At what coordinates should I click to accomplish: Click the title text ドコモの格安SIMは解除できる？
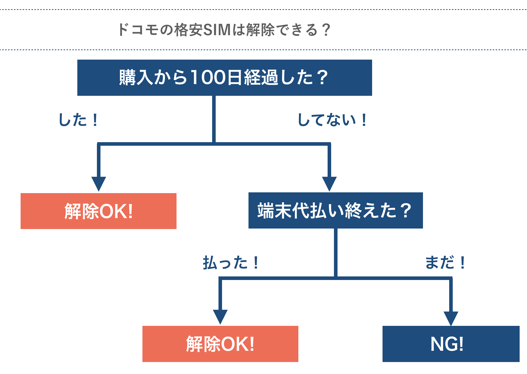224,30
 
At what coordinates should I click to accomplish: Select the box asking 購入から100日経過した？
225,78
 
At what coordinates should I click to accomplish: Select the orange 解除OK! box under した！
98,211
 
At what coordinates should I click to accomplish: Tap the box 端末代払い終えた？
335,210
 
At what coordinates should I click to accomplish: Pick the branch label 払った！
230,262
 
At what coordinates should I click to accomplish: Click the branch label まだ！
445,262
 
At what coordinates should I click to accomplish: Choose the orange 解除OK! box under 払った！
220,344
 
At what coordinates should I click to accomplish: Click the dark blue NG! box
451,344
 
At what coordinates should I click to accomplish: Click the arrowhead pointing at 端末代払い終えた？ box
329,183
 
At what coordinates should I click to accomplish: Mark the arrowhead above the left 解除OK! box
99,183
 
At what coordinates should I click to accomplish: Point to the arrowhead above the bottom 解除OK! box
220,316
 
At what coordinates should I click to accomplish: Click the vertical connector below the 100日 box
214,118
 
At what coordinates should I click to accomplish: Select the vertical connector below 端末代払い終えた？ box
336,252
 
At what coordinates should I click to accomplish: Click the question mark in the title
325,30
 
